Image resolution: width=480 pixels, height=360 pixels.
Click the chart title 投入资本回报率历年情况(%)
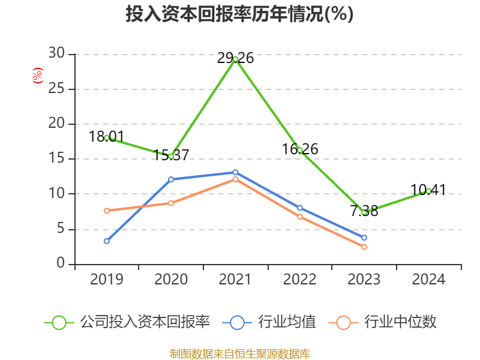[240, 14]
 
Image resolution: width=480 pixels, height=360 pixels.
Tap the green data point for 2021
[235, 59]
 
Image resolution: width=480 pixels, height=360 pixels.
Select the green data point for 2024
[428, 191]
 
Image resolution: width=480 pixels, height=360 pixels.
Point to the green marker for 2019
[107, 137]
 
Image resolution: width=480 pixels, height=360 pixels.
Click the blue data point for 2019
[107, 241]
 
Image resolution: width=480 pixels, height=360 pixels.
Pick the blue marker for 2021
[235, 172]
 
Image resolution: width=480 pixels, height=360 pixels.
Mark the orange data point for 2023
[364, 247]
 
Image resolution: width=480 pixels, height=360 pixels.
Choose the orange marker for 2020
[171, 203]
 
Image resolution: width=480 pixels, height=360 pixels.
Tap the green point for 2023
[364, 212]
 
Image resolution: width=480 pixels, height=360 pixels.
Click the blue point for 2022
[300, 208]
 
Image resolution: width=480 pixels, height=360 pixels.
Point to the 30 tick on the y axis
[56, 54]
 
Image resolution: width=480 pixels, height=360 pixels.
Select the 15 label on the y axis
[56, 159]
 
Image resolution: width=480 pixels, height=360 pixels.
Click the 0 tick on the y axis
[61, 263]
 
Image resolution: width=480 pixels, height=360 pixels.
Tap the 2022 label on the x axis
[300, 280]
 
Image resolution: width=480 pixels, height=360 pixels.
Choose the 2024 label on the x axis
[428, 280]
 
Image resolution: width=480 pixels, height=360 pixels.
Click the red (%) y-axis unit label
[37, 76]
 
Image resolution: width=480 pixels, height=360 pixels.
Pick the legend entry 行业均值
[270, 322]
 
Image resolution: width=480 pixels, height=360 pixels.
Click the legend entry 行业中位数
[384, 322]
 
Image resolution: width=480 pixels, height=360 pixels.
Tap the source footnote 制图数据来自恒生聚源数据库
[240, 353]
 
